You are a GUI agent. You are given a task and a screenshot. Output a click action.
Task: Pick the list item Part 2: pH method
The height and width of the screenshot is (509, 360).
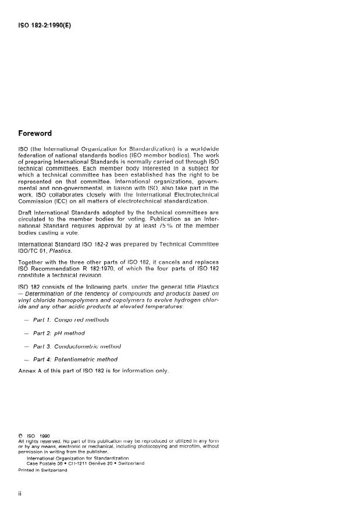[x=59, y=333]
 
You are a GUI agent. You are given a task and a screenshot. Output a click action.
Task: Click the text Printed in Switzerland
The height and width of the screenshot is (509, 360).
[x=42, y=471]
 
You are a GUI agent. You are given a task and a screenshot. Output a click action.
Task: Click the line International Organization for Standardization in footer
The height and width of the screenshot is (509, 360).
[x=77, y=458]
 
